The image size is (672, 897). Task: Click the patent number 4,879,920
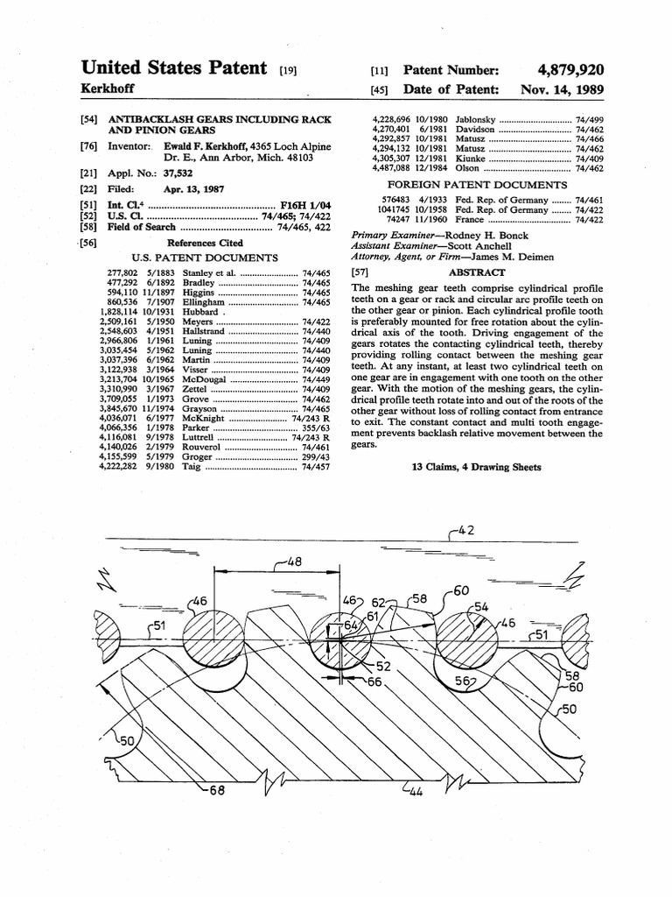572,70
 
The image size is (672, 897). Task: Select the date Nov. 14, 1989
561,89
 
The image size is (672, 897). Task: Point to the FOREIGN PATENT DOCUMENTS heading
477,186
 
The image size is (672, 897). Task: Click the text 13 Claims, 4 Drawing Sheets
476,467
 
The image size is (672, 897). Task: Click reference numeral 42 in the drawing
469,531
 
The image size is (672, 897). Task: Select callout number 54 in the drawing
480,606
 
